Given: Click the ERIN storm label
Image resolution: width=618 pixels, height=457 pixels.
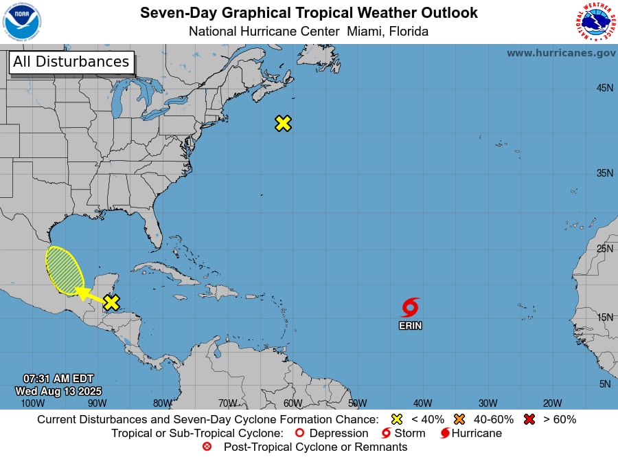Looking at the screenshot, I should (411, 326).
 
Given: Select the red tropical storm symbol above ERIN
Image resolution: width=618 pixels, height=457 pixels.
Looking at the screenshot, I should (410, 307).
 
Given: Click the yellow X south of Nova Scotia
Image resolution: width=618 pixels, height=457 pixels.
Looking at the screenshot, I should (283, 123).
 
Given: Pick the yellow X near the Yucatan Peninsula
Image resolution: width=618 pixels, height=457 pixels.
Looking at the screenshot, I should (111, 302).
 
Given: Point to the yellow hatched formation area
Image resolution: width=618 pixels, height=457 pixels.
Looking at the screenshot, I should (65, 270).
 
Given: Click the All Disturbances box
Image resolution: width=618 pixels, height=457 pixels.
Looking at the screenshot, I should (71, 62).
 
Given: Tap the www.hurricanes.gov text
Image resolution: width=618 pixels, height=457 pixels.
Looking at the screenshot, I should (561, 53).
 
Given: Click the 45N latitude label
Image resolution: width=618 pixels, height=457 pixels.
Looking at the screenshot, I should (604, 87).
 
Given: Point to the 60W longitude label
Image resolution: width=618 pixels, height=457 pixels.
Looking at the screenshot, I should (293, 403).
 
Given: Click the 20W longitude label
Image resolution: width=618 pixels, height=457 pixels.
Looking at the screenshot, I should (552, 403).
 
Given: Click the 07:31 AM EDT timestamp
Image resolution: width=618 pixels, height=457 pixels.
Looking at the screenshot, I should (58, 379).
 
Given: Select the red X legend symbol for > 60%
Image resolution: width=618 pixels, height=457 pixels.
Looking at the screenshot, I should (529, 419).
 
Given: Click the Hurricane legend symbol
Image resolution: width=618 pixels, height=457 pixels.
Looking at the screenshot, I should (446, 434).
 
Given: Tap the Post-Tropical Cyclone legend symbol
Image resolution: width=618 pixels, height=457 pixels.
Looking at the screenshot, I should (207, 447).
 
